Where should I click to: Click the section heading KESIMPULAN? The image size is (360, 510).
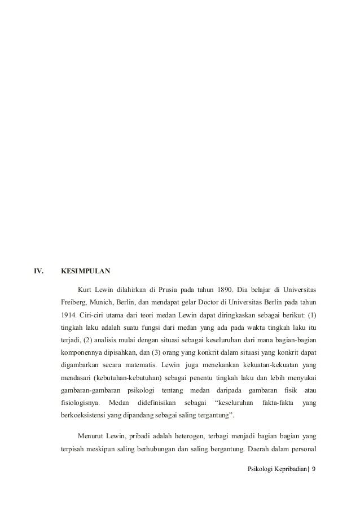86,271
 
